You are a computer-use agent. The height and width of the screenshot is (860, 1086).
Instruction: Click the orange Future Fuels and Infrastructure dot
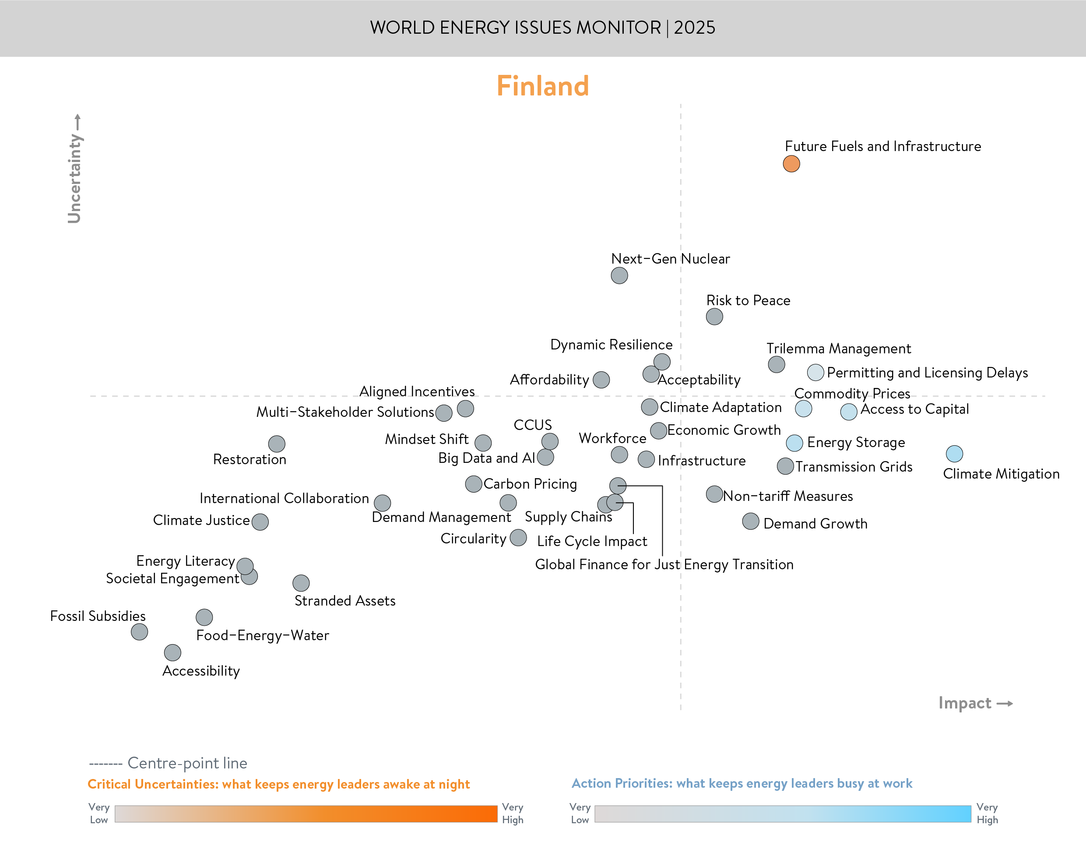(791, 164)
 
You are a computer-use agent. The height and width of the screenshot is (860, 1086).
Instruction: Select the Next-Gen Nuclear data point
(619, 275)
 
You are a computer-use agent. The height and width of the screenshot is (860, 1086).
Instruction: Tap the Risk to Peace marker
(714, 317)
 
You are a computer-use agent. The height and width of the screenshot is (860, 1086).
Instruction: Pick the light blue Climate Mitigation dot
(954, 454)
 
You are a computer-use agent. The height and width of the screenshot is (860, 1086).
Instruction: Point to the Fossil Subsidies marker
(139, 631)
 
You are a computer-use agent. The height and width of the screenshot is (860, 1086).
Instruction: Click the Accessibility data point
(172, 652)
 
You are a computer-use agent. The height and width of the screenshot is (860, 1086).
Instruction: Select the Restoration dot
(276, 444)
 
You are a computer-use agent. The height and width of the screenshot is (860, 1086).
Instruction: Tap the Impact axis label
(965, 703)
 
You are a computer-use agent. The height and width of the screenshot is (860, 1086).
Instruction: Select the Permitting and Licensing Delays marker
(815, 373)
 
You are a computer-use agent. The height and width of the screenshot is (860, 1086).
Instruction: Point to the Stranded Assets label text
(345, 601)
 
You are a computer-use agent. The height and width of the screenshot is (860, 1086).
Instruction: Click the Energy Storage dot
(794, 443)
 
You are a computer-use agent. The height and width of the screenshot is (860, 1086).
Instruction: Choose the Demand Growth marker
(750, 521)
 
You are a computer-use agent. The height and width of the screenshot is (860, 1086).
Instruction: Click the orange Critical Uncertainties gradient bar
(306, 814)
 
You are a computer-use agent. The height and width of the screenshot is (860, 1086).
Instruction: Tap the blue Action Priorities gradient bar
(783, 814)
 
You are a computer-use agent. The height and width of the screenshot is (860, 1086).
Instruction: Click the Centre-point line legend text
(187, 763)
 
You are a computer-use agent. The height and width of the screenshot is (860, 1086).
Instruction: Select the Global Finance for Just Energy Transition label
(664, 564)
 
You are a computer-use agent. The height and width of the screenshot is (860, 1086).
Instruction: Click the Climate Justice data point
(260, 522)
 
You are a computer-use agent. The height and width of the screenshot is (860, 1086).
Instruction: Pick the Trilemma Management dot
(776, 364)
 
